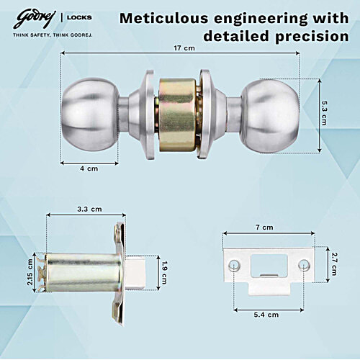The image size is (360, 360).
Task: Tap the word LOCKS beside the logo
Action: [81, 17]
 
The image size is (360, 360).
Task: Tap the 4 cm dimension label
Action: [88, 168]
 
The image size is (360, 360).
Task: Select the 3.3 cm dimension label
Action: [89, 210]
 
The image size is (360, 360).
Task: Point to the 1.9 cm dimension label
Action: [165, 271]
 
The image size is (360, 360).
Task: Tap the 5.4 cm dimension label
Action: [267, 314]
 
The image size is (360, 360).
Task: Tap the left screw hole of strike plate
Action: [235, 267]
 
